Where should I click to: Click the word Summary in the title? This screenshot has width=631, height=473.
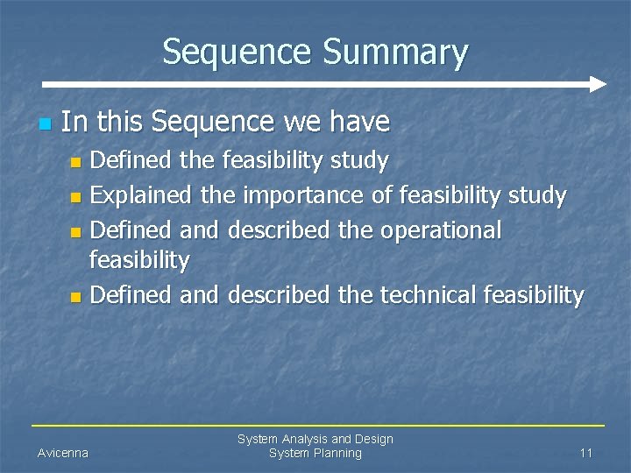pos(398,53)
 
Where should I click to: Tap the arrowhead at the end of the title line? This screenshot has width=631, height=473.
pos(598,85)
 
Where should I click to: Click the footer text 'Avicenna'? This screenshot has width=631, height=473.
pos(62,453)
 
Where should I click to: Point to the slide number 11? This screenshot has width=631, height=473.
pos(586,453)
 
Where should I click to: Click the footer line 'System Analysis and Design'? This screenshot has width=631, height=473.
pos(315,439)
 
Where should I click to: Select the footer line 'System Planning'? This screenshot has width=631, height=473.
pos(315,453)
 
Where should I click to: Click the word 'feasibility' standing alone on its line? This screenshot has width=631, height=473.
pos(140,260)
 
